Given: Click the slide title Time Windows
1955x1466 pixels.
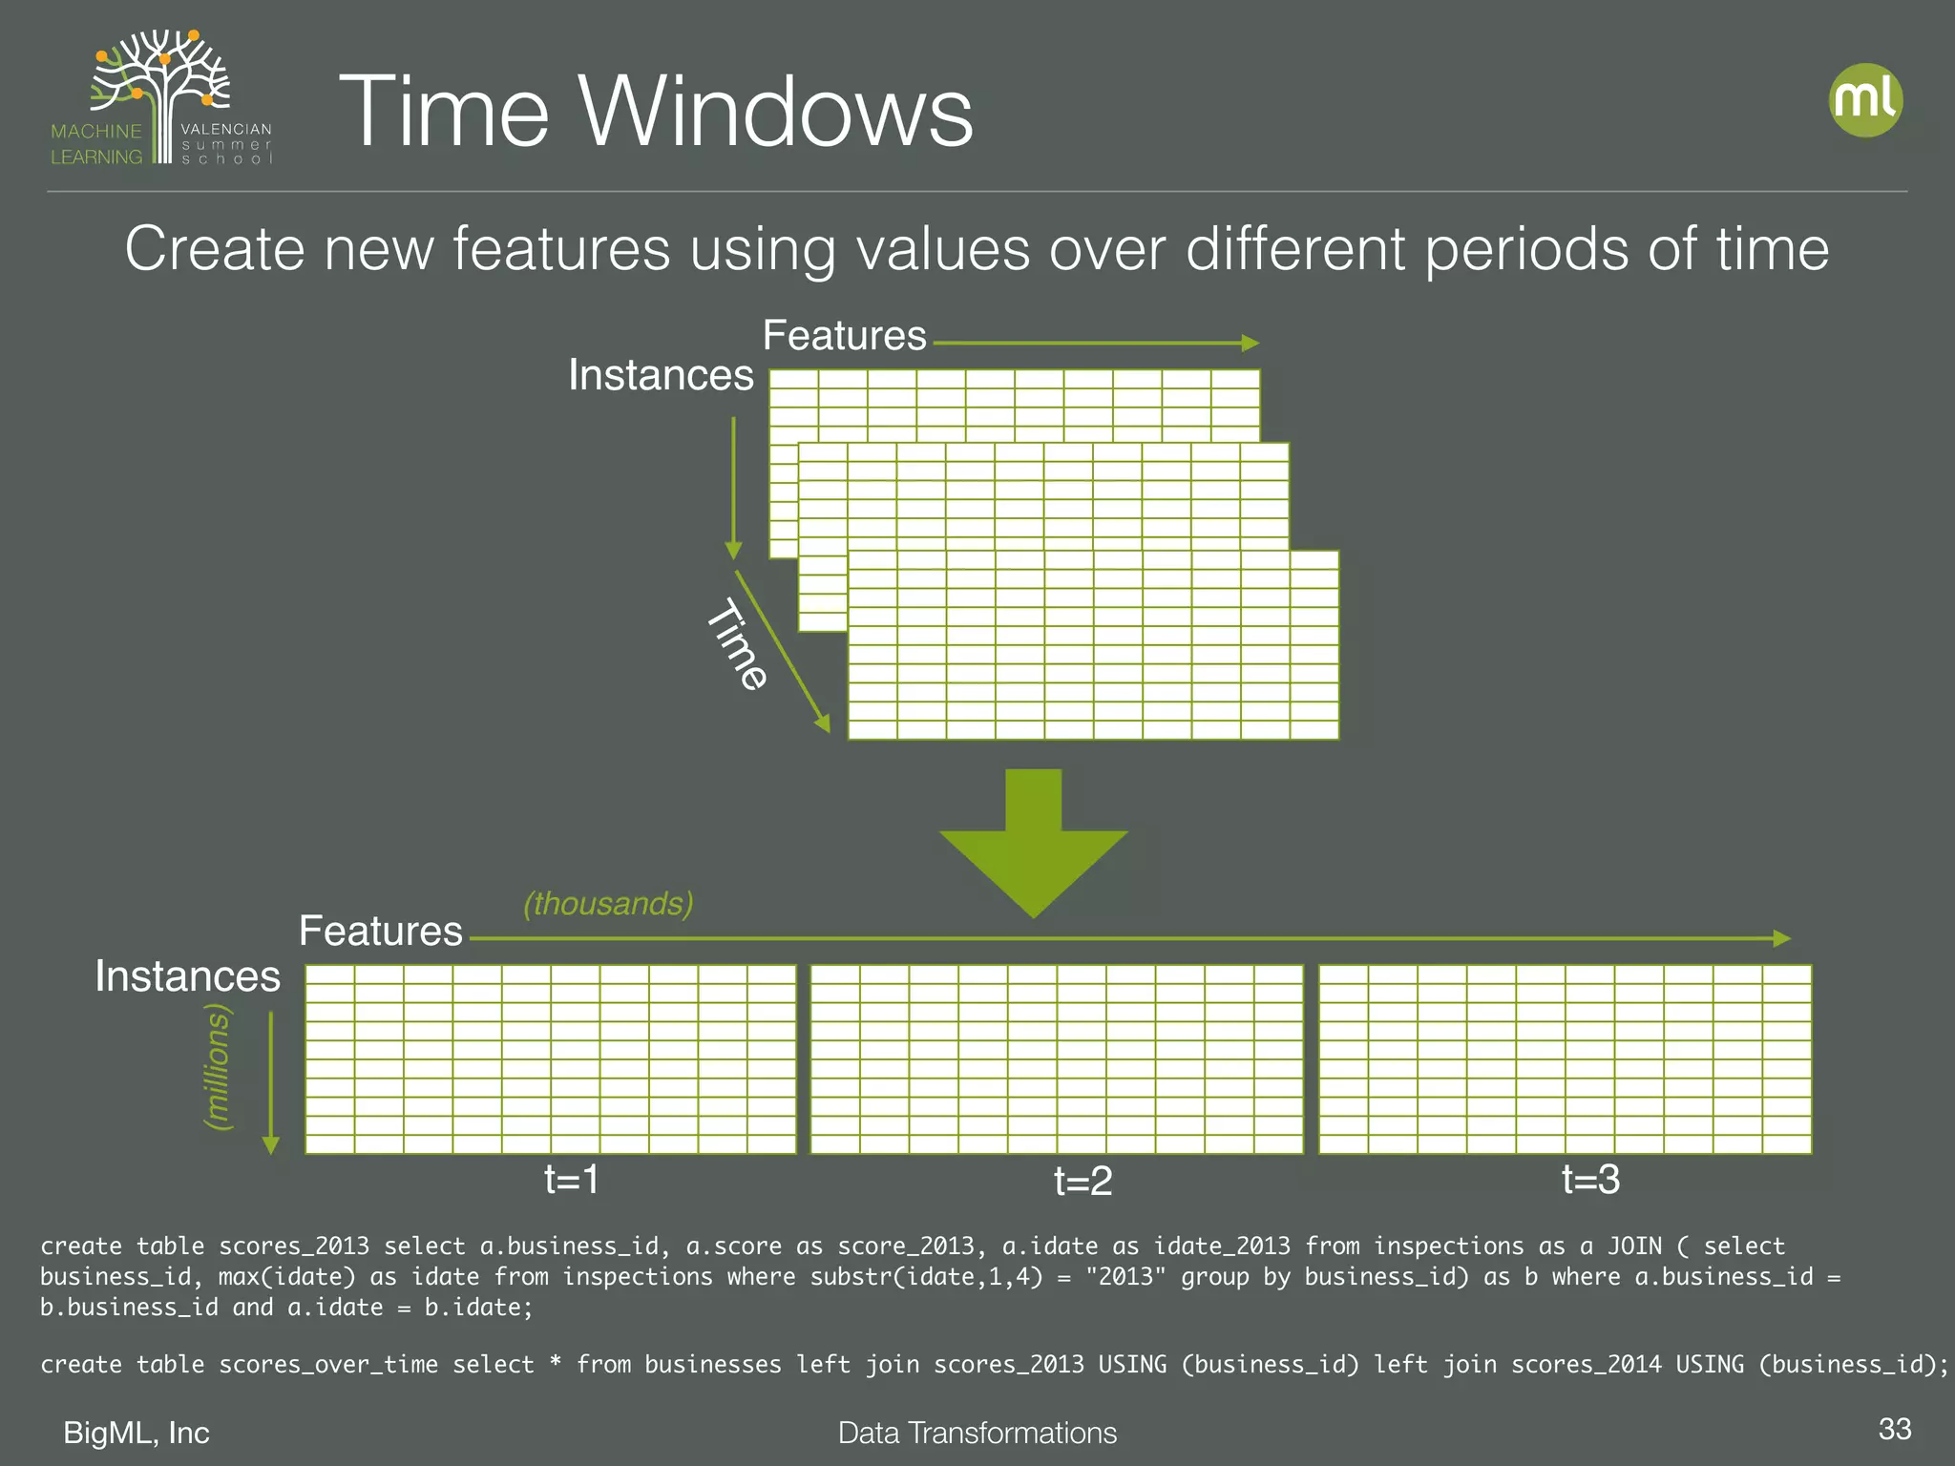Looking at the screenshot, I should pyautogui.click(x=656, y=112).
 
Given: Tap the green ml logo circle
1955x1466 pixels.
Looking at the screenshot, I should pyautogui.click(x=1865, y=100).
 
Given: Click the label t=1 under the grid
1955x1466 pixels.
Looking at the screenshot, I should pyautogui.click(x=571, y=1181).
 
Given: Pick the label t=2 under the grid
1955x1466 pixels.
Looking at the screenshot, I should pyautogui.click(x=1083, y=1183).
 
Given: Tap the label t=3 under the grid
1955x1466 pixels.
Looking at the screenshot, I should pyautogui.click(x=1590, y=1181).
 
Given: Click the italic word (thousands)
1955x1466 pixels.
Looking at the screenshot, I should pyautogui.click(x=608, y=903).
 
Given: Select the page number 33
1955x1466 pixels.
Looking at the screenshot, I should pyautogui.click(x=1894, y=1429).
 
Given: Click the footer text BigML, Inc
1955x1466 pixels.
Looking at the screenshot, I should pyautogui.click(x=137, y=1433).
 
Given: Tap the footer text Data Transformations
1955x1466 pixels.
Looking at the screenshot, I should pyautogui.click(x=977, y=1433).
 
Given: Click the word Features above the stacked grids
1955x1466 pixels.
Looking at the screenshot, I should pyautogui.click(x=844, y=336).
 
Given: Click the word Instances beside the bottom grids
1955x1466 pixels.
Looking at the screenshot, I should pyautogui.click(x=187, y=976).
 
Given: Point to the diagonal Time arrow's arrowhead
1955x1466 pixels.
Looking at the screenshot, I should pyautogui.click(x=822, y=723).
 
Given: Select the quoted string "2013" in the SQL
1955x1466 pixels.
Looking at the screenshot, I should pyautogui.click(x=1125, y=1277).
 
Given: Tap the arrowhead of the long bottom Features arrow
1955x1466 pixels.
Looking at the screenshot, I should pyautogui.click(x=1781, y=939).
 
